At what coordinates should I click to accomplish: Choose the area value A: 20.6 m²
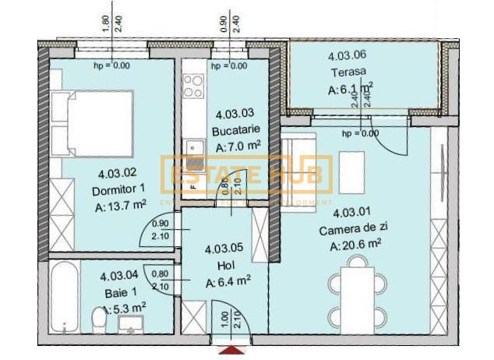355,245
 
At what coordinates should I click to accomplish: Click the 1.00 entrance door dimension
224,320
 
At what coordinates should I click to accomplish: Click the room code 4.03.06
347,56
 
